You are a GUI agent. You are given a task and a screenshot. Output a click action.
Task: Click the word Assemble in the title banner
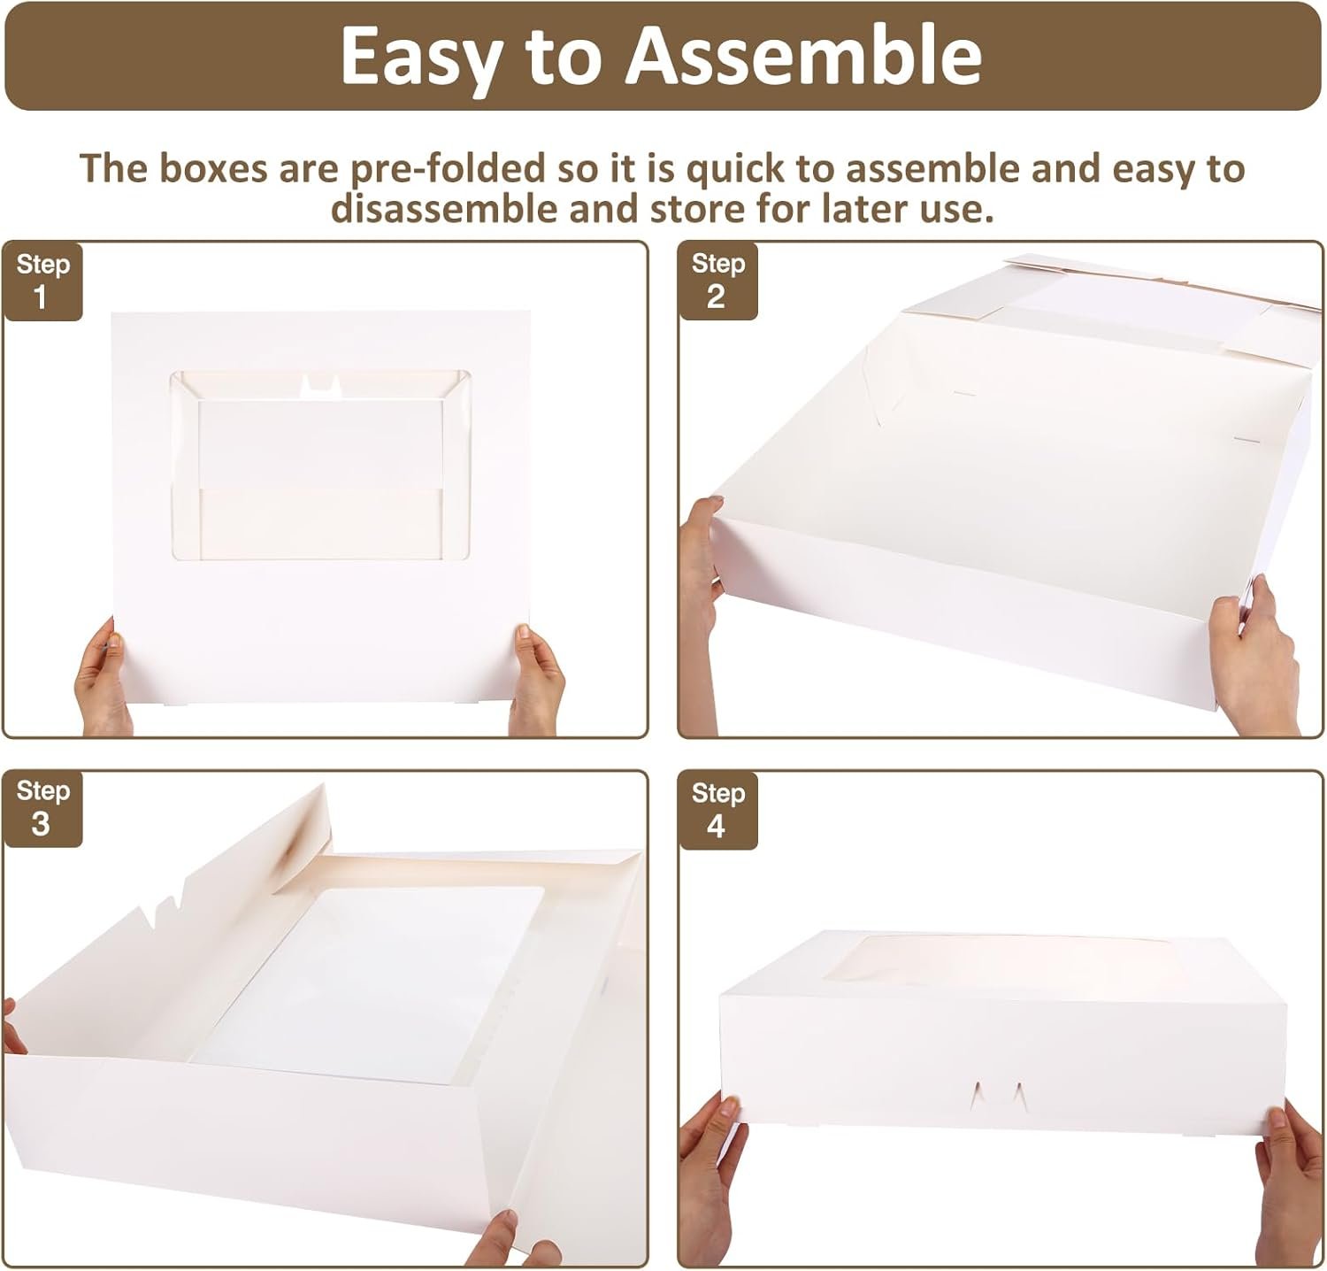pos(804,56)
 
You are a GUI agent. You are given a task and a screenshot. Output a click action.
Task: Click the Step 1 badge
pos(42,281)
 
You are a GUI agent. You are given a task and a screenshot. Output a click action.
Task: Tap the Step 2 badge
pos(717,280)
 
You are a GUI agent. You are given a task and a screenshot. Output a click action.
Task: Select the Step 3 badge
pos(42,807)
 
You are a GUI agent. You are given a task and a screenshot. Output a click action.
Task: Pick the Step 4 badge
pos(717,809)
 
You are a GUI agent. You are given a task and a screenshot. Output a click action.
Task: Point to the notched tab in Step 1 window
pos(320,384)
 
